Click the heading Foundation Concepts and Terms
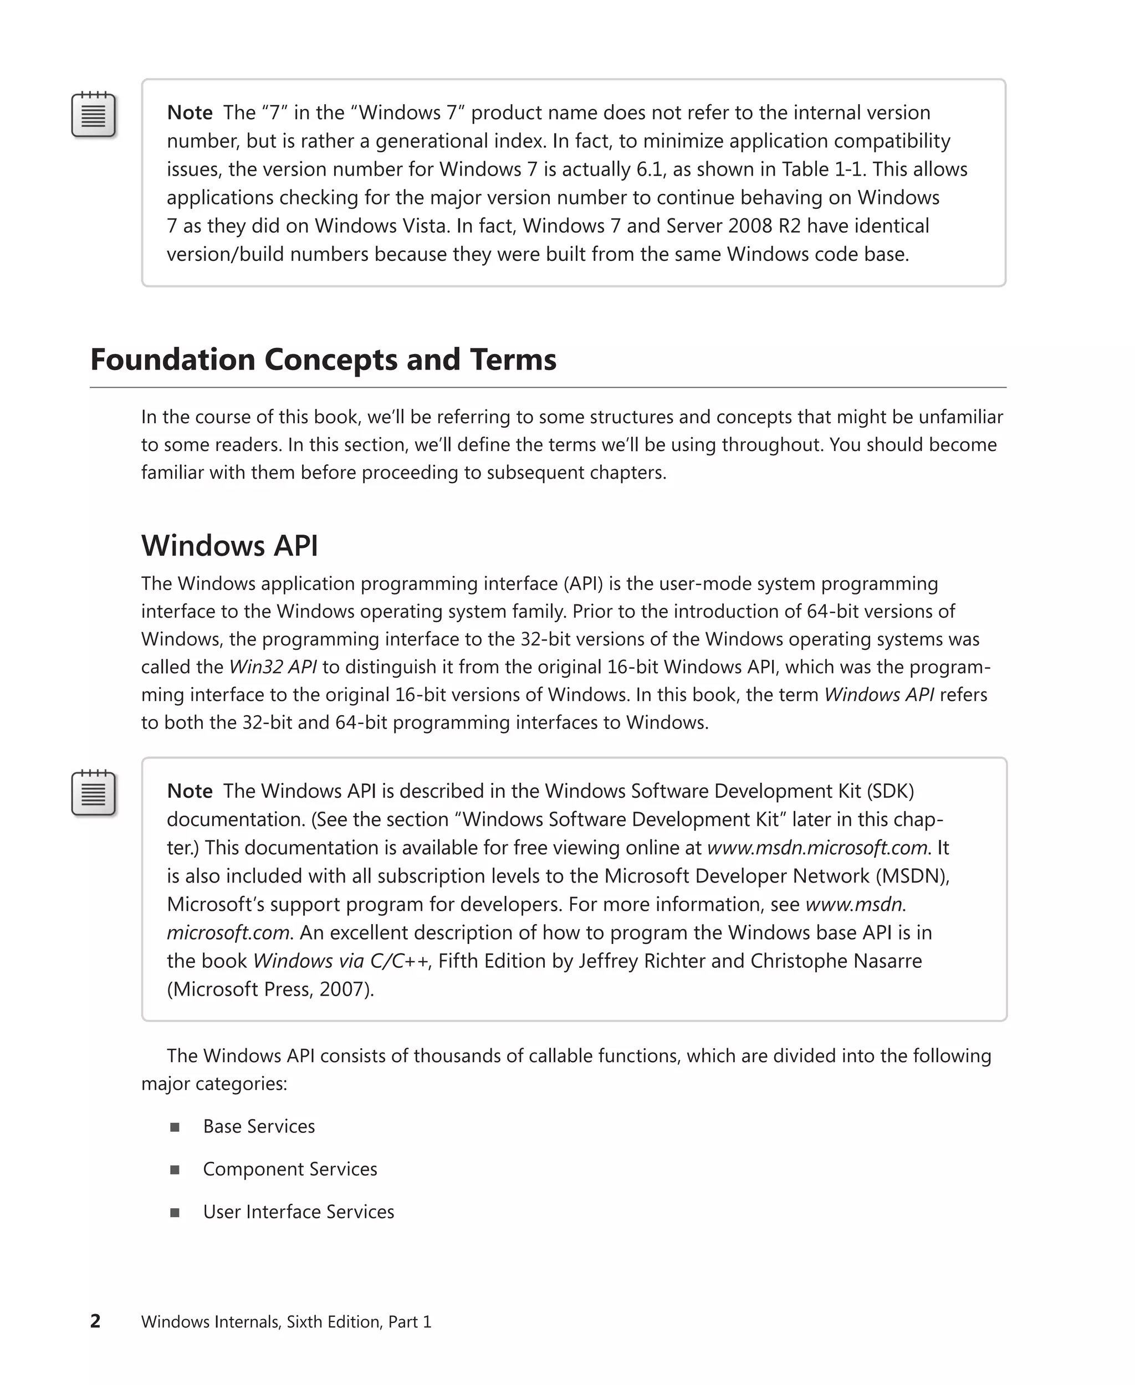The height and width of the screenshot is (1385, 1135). (x=323, y=360)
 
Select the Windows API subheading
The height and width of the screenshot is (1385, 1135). (x=229, y=546)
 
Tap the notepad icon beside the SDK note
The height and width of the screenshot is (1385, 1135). (x=94, y=793)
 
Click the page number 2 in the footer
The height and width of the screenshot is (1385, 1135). (x=95, y=1321)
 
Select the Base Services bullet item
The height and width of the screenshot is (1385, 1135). (x=259, y=1126)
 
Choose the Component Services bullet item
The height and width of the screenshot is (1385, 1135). (x=290, y=1168)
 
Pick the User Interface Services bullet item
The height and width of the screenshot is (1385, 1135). (x=298, y=1211)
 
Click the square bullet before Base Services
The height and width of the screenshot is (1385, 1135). (x=175, y=1127)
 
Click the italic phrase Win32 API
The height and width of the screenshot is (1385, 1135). (x=273, y=666)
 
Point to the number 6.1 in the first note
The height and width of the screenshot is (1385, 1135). (x=651, y=170)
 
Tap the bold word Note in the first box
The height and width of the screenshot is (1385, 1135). (x=190, y=112)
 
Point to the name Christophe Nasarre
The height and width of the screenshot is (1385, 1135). (x=836, y=961)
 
